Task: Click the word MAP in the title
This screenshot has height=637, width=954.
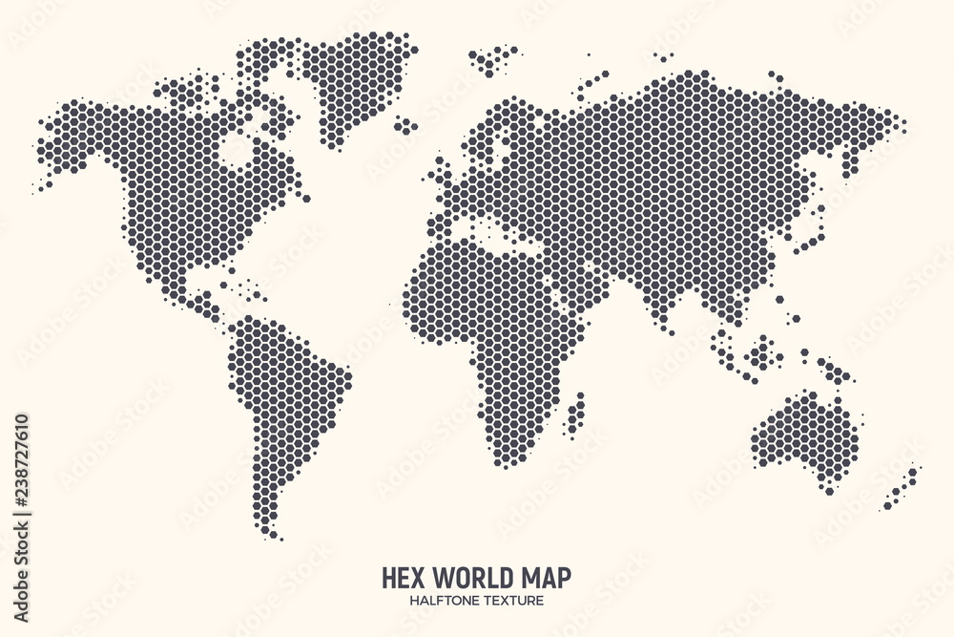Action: tap(543, 578)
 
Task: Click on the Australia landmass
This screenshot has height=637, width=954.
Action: tap(801, 435)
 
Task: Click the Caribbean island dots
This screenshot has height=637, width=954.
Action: tap(243, 283)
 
